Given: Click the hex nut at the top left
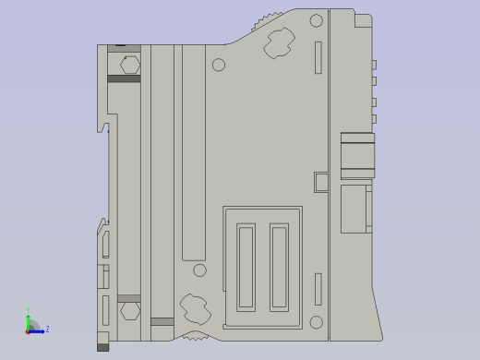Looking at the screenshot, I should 129,65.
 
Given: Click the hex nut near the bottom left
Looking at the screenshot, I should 129,311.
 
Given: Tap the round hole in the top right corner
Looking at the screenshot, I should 316,21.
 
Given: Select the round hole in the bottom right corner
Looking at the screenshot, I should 316,322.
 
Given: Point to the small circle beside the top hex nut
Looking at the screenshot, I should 219,65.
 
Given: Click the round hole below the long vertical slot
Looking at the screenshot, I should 199,270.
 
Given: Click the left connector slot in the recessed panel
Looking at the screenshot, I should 246,267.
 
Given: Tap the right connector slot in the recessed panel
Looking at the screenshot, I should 279,267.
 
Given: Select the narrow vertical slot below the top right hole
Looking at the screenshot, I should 318,58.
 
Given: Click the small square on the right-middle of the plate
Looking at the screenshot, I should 320,182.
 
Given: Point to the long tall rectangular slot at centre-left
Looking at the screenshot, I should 193,152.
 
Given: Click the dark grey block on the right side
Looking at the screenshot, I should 358,155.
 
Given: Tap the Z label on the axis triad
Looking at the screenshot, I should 48,329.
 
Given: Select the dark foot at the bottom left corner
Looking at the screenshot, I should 102,347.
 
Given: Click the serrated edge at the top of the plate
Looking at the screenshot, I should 267,21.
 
